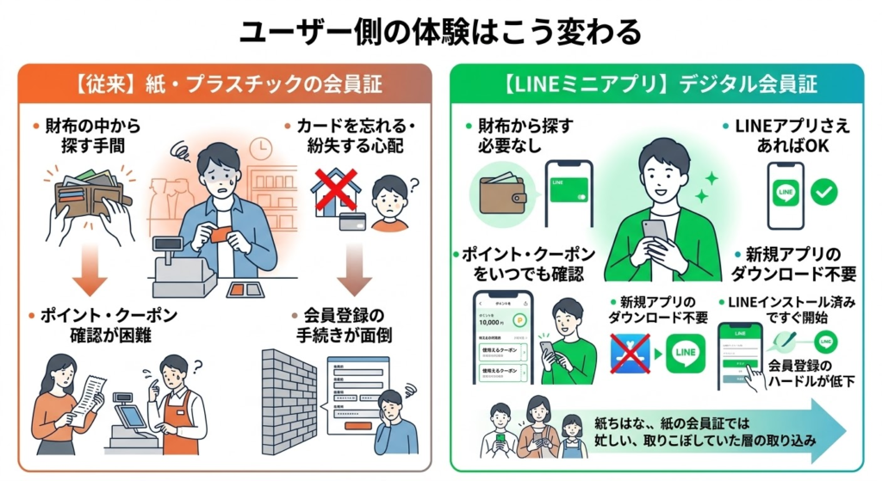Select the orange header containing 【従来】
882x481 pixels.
pos(226,85)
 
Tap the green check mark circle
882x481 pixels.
pos(824,192)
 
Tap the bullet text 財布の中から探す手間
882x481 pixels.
pos(85,136)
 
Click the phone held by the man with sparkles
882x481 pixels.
pos(654,231)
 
